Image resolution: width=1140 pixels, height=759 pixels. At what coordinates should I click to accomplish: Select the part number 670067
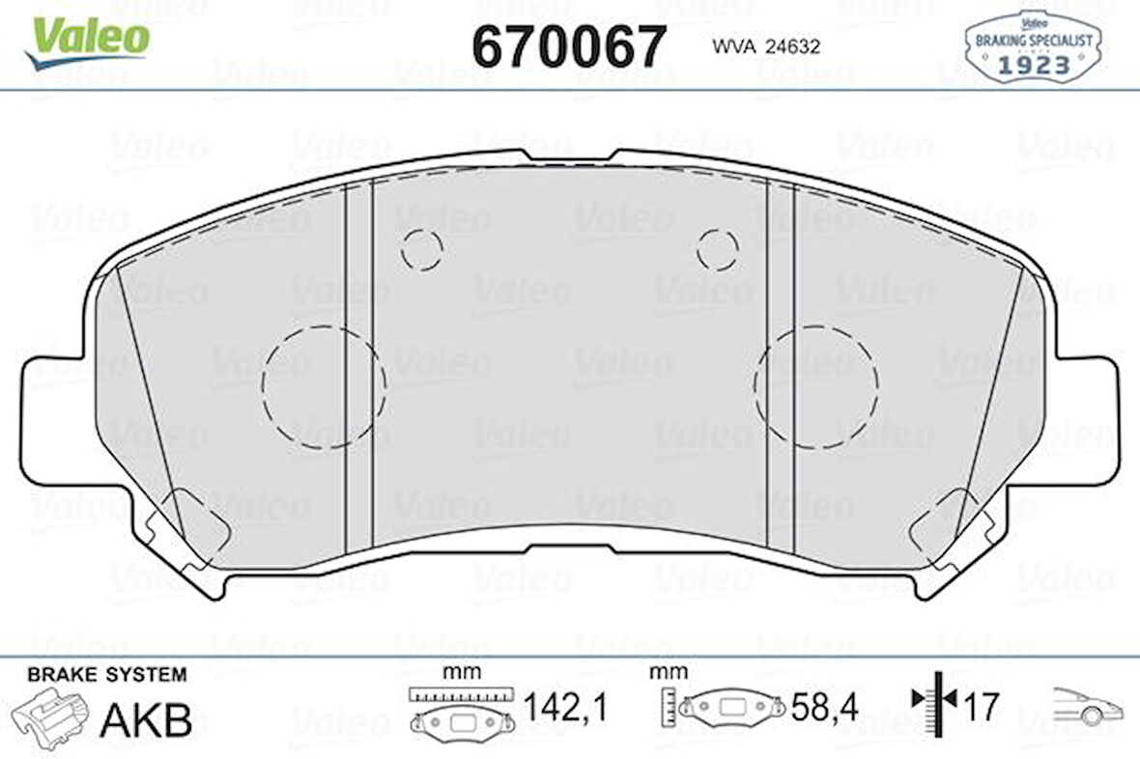[569, 45]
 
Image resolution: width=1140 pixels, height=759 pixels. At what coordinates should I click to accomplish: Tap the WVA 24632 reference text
[766, 46]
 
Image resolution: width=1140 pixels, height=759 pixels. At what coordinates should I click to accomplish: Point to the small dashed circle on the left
[422, 250]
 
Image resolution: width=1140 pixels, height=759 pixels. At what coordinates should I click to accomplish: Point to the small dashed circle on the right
[718, 250]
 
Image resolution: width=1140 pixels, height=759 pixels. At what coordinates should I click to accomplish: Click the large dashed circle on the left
[324, 386]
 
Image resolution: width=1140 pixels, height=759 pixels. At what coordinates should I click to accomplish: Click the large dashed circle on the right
[816, 386]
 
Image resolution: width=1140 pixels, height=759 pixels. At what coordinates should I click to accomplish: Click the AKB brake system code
[146, 719]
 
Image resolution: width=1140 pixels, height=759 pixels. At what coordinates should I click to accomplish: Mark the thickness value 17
[981, 708]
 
